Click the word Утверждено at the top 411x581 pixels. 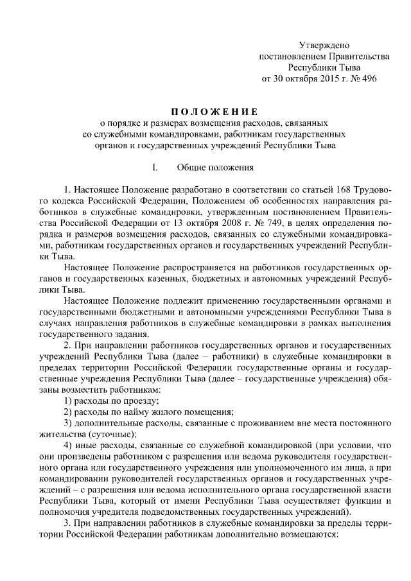(x=324, y=45)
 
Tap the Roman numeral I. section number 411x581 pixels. (x=155, y=168)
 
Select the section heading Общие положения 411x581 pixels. (x=214, y=168)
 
